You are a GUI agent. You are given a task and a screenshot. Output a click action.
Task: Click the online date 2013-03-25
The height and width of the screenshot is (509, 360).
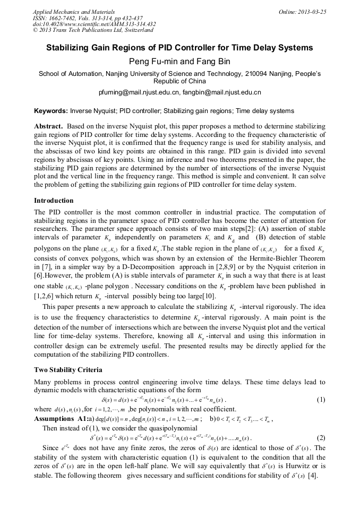click(x=311, y=11)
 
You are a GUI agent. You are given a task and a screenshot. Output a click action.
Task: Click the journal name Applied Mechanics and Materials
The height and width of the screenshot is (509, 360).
click(x=73, y=11)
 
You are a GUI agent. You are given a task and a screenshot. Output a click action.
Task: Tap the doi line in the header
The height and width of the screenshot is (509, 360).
click(x=94, y=24)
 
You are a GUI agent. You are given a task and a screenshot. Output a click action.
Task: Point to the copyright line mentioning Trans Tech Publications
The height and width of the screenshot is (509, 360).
click(x=93, y=30)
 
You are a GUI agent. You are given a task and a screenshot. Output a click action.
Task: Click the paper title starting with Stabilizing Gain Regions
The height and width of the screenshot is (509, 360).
click(x=179, y=48)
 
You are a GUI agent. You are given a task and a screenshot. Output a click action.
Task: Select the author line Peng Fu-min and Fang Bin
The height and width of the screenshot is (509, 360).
click(x=179, y=62)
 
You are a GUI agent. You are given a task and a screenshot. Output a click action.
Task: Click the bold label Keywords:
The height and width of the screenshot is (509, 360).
click(x=51, y=111)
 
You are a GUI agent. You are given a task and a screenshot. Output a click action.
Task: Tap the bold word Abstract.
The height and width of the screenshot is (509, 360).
click(x=49, y=127)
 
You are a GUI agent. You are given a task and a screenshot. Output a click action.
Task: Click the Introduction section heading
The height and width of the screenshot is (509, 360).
click(x=54, y=201)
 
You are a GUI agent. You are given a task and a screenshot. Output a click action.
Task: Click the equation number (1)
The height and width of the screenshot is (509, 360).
click(x=321, y=399)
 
